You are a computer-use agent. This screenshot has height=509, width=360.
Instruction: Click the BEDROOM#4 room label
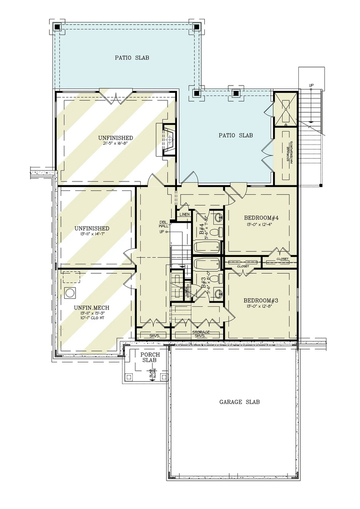[260, 218]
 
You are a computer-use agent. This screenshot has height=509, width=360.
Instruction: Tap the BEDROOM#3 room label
[260, 301]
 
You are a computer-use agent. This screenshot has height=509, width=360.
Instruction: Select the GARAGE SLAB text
[239, 402]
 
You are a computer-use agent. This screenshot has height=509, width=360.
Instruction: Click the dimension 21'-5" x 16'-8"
[115, 144]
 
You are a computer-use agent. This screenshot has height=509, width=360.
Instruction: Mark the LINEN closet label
[185, 214]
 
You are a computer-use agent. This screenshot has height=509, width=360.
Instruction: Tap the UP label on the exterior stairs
[311, 85]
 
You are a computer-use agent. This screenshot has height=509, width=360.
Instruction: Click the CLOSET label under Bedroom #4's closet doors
[282, 259]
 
